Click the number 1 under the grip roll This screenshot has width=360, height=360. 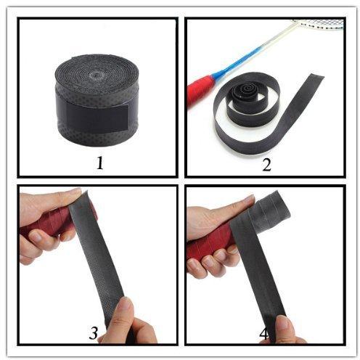[x=100, y=163]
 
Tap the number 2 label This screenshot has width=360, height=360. [x=266, y=165]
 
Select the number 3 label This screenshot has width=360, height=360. [x=94, y=332]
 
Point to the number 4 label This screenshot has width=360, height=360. [x=263, y=335]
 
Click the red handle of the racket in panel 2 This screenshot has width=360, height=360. [x=200, y=91]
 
